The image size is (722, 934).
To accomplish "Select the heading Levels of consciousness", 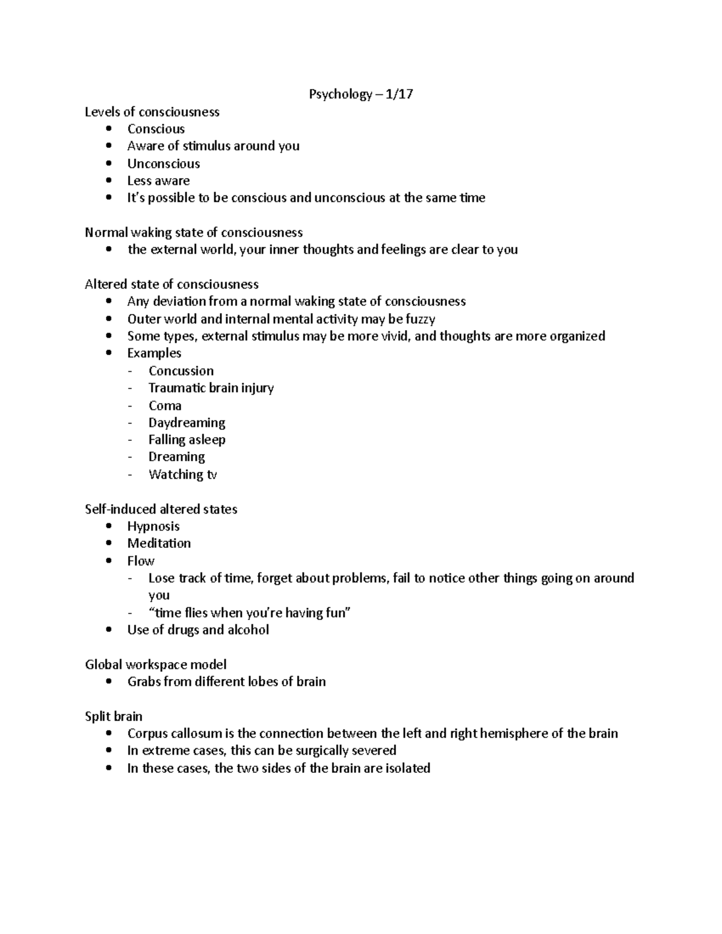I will tap(152, 112).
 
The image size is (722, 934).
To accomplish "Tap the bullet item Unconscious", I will tap(163, 164).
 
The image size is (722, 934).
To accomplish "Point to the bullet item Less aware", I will tap(158, 181).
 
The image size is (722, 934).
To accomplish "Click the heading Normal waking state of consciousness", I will tap(193, 233).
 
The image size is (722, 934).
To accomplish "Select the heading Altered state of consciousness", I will tap(171, 284).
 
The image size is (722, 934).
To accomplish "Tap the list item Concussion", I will tap(181, 371).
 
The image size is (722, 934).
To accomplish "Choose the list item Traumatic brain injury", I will tap(211, 388).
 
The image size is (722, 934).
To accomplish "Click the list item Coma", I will tap(165, 405).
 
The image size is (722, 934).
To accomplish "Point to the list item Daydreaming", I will tap(187, 423).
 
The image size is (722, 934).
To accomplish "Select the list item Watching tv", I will tap(182, 475).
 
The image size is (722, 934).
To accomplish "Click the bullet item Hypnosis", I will tap(153, 526).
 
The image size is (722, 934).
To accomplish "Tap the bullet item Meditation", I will tap(159, 544).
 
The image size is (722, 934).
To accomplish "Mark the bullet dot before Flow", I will tap(108, 561).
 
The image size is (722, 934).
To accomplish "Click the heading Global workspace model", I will tap(156, 665).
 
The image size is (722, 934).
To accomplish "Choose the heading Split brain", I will tap(114, 716).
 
